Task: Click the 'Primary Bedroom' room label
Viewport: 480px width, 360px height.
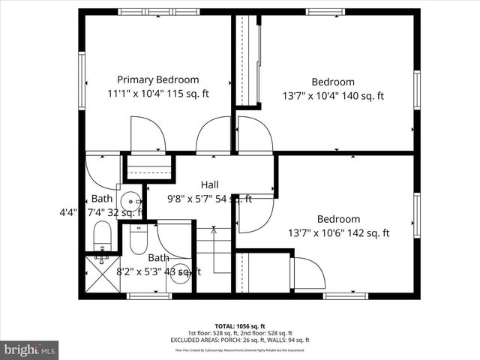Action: coord(157,79)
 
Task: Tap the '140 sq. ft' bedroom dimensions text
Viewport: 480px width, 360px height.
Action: coord(360,96)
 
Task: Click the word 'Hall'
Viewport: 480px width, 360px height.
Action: coord(209,184)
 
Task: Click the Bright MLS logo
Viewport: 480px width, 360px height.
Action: coord(30,349)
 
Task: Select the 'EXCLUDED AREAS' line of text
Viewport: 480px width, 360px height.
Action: coord(241,339)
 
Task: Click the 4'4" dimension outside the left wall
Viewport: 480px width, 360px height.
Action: coord(67,212)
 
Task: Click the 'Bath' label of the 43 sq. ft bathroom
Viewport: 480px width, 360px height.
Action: coord(158,258)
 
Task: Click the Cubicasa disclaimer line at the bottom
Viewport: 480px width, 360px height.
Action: coord(241,349)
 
